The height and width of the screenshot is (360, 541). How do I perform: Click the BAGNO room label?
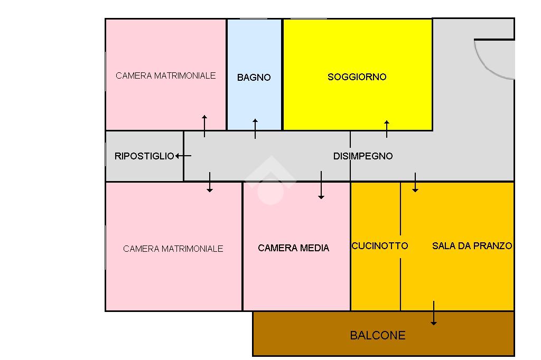pyautogui.click(x=254, y=78)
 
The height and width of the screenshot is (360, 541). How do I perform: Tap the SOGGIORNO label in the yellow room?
pyautogui.click(x=357, y=77)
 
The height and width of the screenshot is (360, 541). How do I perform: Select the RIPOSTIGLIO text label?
pyautogui.click(x=144, y=156)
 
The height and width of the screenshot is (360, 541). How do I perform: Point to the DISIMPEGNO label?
pyautogui.click(x=363, y=156)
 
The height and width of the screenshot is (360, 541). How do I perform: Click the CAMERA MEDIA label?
pyautogui.click(x=293, y=248)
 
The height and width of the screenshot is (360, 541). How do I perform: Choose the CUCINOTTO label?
pyautogui.click(x=380, y=246)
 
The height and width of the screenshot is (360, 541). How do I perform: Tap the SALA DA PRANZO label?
pyautogui.click(x=472, y=246)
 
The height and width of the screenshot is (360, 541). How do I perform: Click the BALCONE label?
pyautogui.click(x=378, y=335)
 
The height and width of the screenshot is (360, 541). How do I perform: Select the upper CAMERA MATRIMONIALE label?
pyautogui.click(x=166, y=75)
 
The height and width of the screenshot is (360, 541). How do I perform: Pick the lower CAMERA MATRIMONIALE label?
pyautogui.click(x=173, y=249)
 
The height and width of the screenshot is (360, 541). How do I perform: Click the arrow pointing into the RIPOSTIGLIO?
pyautogui.click(x=183, y=156)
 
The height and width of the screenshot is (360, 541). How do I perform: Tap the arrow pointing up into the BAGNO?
pyautogui.click(x=255, y=128)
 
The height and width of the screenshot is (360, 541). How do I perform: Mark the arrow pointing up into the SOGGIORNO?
pyautogui.click(x=387, y=129)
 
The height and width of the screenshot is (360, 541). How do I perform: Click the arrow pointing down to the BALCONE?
pyautogui.click(x=434, y=313)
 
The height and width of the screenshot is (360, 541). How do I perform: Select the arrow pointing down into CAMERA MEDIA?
pyautogui.click(x=321, y=185)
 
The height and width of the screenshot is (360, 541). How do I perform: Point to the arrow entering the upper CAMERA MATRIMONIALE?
pyautogui.click(x=204, y=126)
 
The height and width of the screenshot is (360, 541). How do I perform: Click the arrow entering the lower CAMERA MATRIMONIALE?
pyautogui.click(x=210, y=182)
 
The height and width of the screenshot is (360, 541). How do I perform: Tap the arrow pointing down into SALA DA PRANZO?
pyautogui.click(x=415, y=182)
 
